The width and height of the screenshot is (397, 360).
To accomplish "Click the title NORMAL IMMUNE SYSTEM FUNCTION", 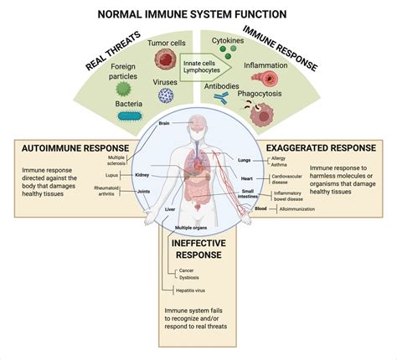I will (198, 15).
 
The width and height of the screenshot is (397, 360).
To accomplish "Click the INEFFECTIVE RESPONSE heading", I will (198, 248).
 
